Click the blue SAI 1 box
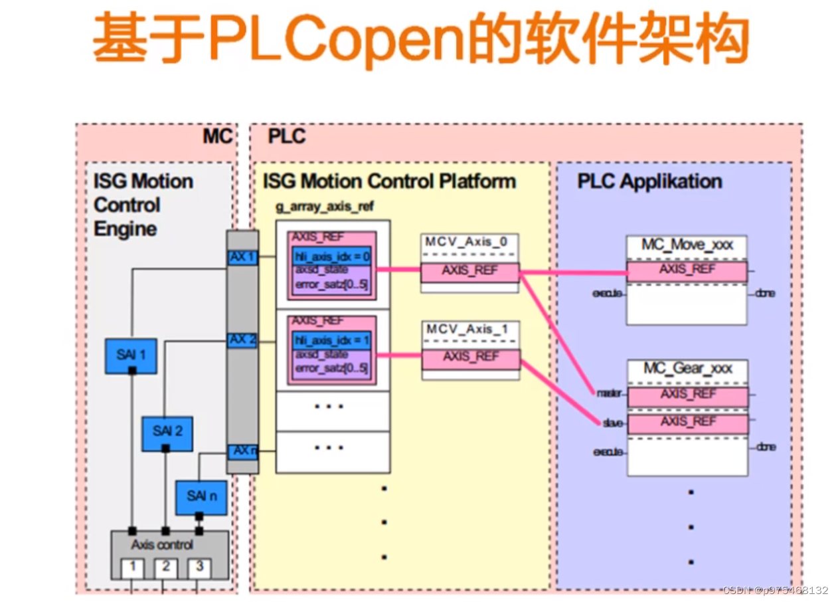pos(131,355)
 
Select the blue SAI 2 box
pos(167,433)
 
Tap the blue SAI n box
pos(201,496)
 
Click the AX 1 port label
pos(242,257)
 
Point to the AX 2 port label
pos(242,340)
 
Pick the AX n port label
pos(244,451)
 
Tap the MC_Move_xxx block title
pos(687,245)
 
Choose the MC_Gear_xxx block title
pos(687,369)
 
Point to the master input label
pos(608,394)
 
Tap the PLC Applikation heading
pos(649,182)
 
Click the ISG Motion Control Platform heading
pos(389,181)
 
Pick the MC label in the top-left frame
pos(217,137)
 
